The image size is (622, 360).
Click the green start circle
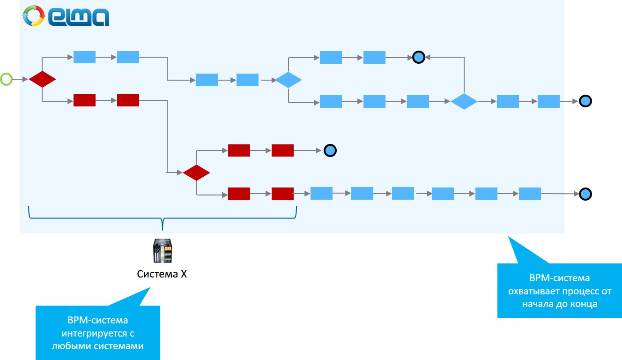(6, 80)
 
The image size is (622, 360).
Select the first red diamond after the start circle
(42, 79)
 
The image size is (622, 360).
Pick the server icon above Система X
(162, 251)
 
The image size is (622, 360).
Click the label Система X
(162, 274)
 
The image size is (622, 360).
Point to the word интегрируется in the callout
(98, 334)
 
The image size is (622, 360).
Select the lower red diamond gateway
(196, 172)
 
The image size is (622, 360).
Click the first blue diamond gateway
(288, 80)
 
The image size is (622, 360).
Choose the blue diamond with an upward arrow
(464, 101)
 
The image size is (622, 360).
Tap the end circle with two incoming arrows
(419, 57)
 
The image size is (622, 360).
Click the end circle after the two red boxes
(330, 150)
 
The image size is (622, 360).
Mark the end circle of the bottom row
(585, 194)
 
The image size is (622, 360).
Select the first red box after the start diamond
(84, 100)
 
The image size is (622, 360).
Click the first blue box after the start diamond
(84, 57)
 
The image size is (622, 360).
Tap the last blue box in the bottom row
(530, 194)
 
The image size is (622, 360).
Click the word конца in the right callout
(584, 304)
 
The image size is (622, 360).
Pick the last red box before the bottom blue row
(282, 194)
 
